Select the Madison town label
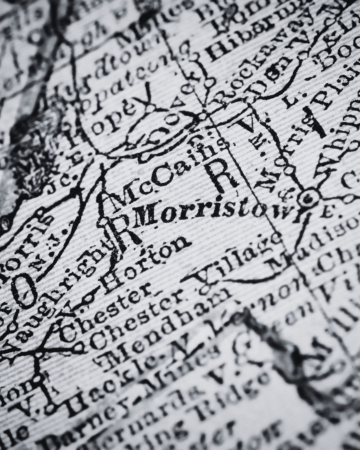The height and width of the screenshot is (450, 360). coord(310,240)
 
